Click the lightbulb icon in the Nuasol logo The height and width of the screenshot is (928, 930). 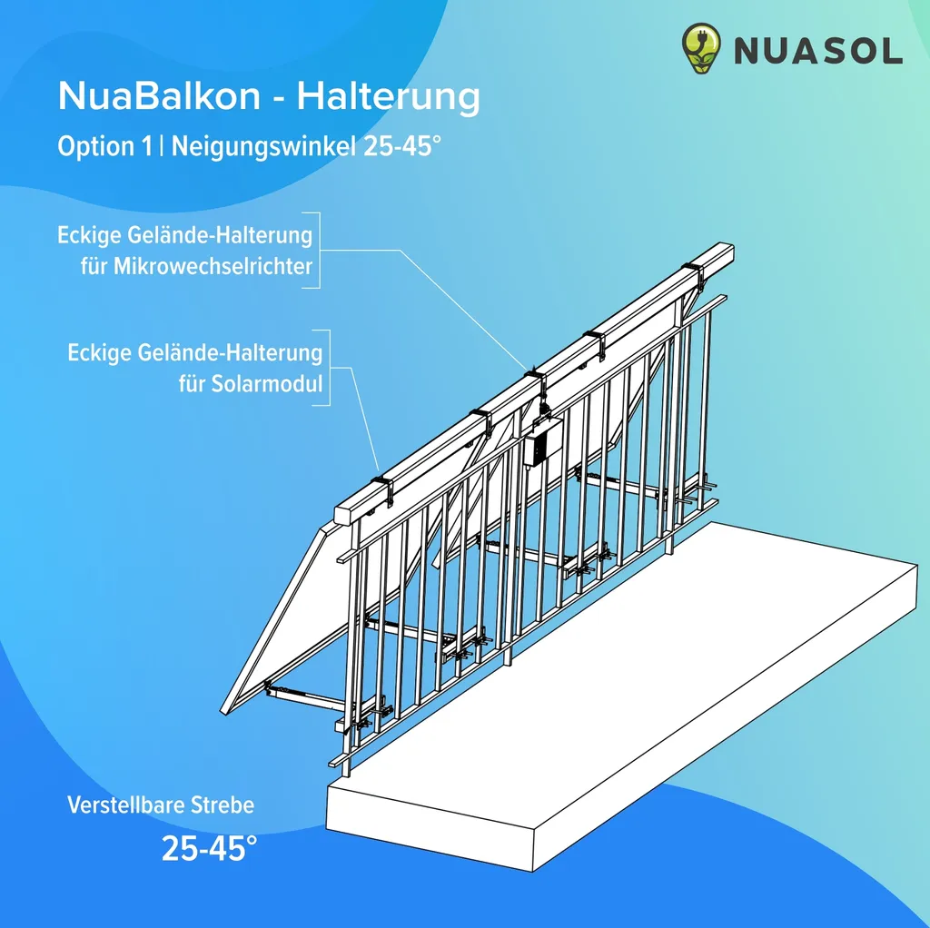(x=701, y=48)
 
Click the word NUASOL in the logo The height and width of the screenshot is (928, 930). (x=818, y=51)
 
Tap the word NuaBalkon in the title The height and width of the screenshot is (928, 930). (x=159, y=95)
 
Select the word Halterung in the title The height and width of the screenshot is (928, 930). (x=388, y=96)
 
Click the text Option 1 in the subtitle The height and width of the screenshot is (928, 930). (x=105, y=146)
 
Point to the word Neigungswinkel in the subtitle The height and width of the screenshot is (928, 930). (x=264, y=147)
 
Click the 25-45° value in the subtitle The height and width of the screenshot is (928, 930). (x=402, y=146)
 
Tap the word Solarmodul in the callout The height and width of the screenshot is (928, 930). (x=251, y=384)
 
